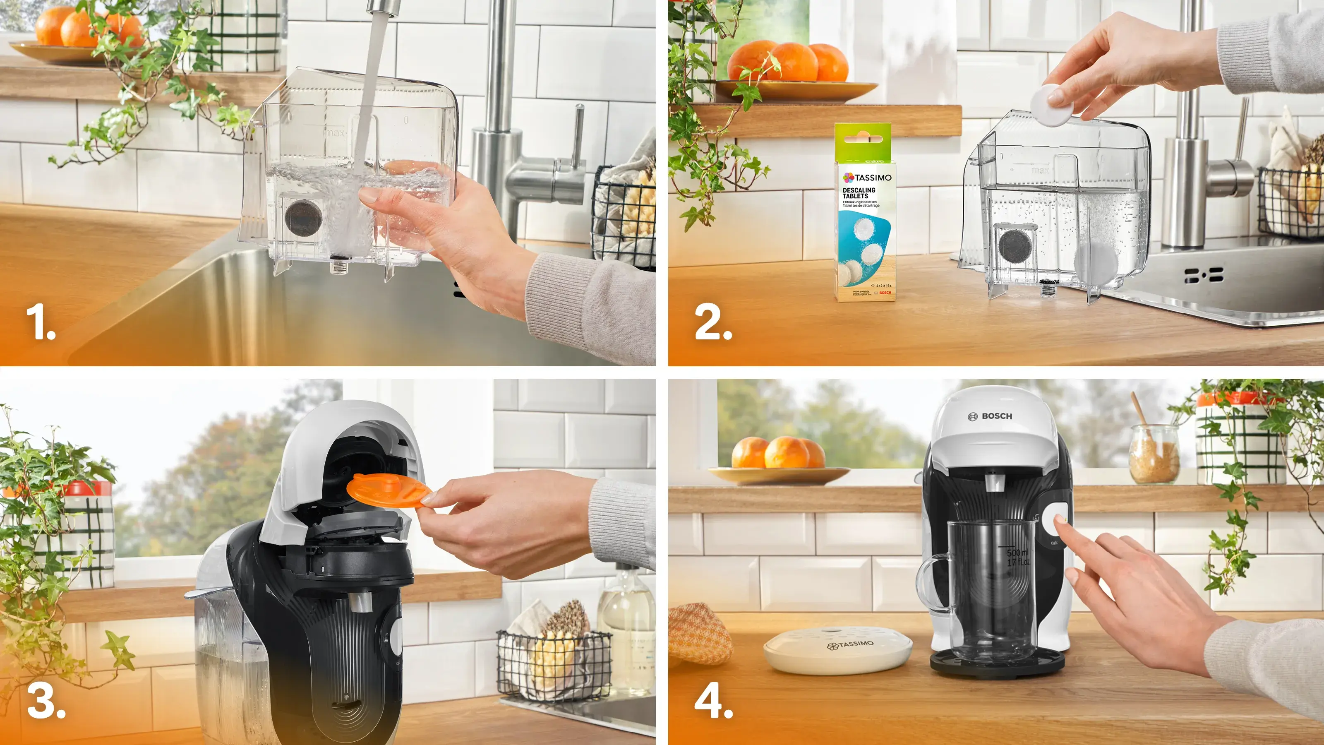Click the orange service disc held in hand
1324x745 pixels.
click(x=386, y=491)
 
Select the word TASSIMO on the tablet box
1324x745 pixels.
click(x=872, y=178)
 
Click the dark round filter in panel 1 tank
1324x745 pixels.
click(x=303, y=216)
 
